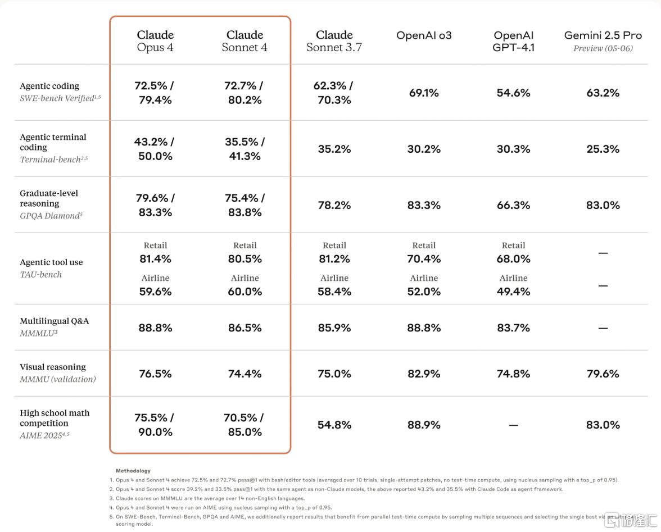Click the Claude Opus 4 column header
[x=155, y=41]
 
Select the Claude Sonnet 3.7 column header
[x=334, y=41]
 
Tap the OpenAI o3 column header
[x=424, y=35]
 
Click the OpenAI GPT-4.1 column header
[x=514, y=41]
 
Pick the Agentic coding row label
[x=49, y=86]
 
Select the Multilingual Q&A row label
[x=55, y=321]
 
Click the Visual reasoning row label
[x=53, y=367]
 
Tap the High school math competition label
[x=55, y=418]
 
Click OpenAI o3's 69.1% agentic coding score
[x=424, y=93]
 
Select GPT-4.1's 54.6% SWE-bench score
[x=514, y=93]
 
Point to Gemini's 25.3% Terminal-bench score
[x=603, y=149]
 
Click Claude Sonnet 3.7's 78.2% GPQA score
[x=334, y=205]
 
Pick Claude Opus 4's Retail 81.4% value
[x=155, y=258]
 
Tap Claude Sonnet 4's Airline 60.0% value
[x=245, y=292]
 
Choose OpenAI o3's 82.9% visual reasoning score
[x=424, y=374]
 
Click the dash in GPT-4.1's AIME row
[x=514, y=425]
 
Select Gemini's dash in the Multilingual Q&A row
[x=603, y=328]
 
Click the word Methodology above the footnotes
[x=133, y=471]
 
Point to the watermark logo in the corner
[x=631, y=520]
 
